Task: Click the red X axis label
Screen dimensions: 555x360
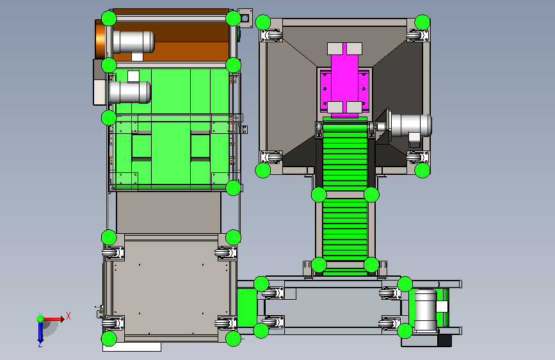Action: coord(68,316)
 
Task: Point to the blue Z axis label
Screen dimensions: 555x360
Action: coord(40,344)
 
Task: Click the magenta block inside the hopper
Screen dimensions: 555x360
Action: coord(345,79)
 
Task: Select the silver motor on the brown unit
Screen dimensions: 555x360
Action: coord(133,42)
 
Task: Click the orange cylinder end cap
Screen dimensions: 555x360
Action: coord(100,39)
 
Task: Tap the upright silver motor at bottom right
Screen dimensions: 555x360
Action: coord(426,311)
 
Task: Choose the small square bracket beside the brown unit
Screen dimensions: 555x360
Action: coord(245,19)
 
